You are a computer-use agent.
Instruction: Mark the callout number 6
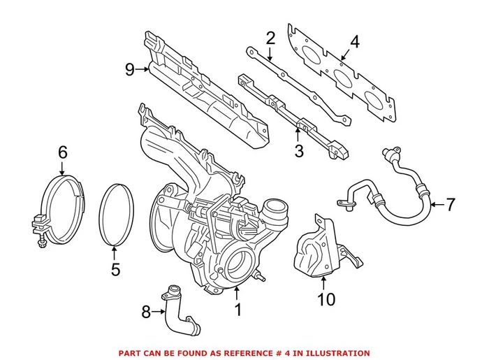pos(62,152)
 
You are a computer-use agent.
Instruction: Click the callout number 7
pos(450,205)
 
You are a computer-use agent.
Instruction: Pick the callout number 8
pos(145,312)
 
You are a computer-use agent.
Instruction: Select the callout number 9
pos(130,69)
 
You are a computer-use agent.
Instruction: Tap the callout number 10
pos(326,299)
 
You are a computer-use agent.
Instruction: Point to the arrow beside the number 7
pos(436,204)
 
